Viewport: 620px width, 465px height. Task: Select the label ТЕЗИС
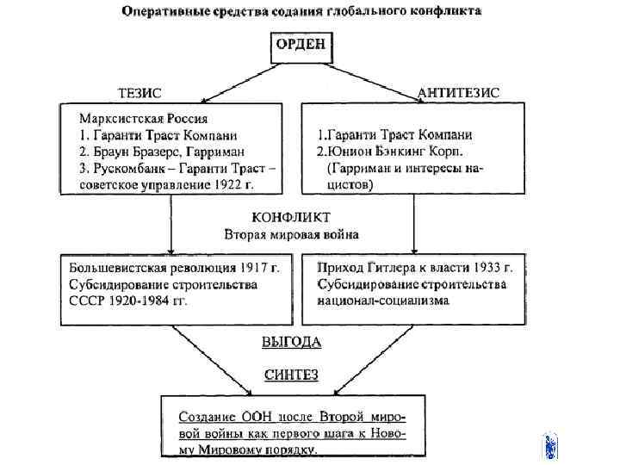(x=139, y=92)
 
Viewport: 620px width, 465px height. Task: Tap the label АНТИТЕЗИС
(x=457, y=92)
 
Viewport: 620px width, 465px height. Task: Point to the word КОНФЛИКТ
(x=291, y=217)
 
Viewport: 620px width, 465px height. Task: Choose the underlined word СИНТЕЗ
(x=291, y=374)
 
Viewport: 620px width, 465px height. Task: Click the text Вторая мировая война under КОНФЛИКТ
(x=291, y=233)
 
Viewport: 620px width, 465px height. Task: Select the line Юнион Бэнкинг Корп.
(x=395, y=152)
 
